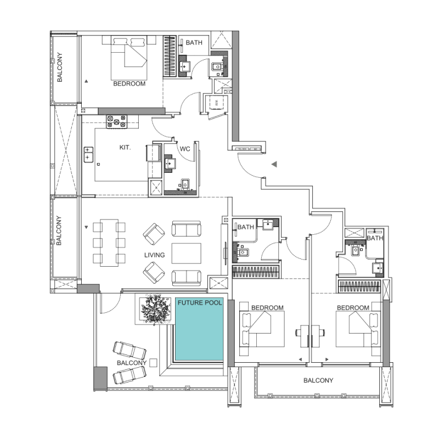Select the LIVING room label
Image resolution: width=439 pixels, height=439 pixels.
point(155,255)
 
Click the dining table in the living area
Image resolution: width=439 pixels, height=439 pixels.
point(109,242)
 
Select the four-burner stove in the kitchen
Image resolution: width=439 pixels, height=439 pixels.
point(117,121)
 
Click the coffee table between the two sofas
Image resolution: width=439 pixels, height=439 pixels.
point(187,254)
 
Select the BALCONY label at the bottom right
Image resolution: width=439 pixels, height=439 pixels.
point(318,380)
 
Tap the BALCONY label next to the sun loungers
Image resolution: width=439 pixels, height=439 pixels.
point(131,363)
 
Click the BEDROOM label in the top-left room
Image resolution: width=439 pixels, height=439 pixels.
point(129,84)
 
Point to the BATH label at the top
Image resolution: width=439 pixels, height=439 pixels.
point(194,42)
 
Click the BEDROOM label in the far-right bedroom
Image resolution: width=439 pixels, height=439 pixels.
point(353,308)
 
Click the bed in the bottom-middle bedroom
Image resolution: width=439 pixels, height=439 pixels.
point(262,329)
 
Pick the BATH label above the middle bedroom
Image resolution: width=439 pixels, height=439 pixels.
point(245,227)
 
